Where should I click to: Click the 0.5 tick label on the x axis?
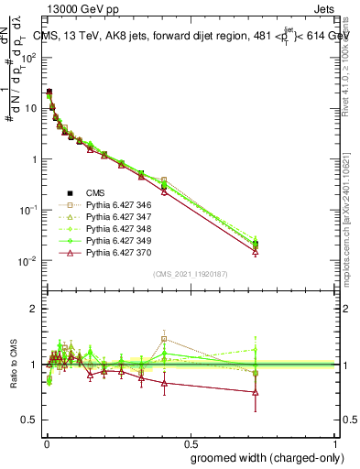click(190, 442)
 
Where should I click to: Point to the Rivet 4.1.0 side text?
click(351, 73)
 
